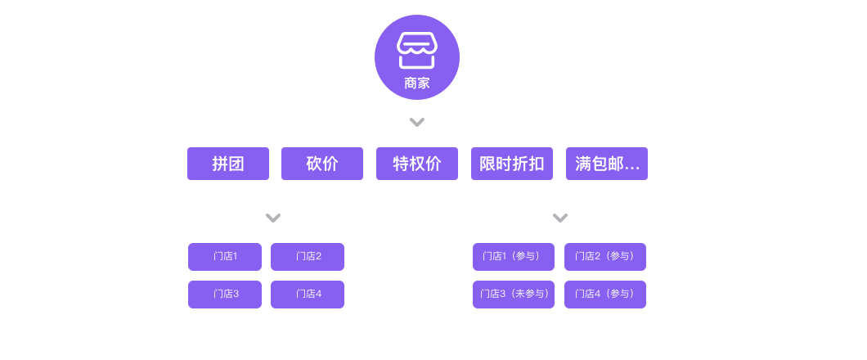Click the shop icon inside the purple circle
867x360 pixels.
coord(416,51)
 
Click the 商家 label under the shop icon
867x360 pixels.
coord(416,83)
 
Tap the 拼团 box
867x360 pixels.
coord(228,164)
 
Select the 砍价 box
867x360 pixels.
coord(322,164)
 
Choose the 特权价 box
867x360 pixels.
coord(417,164)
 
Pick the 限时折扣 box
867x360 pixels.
coord(512,164)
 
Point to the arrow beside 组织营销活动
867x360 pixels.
coord(416,116)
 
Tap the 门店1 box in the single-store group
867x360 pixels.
coord(225,257)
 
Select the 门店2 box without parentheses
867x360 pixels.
coord(308,257)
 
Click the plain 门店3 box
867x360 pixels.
coord(225,294)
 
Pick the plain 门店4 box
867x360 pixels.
coord(308,294)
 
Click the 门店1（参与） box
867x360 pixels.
coord(514,257)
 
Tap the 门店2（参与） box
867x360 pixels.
coord(605,257)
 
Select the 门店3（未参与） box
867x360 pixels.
coord(514,294)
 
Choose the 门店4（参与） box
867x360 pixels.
coord(605,294)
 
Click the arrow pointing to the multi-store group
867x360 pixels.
coord(560,214)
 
